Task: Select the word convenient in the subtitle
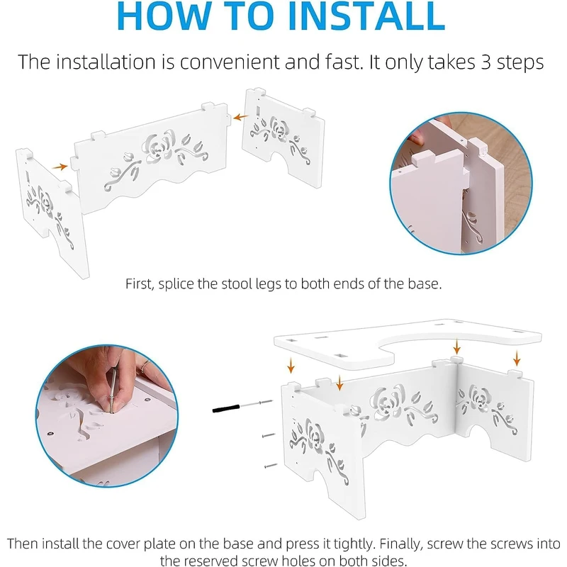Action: click(x=230, y=62)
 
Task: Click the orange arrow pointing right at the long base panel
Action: click(x=60, y=167)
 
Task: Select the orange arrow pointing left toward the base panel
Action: click(x=240, y=117)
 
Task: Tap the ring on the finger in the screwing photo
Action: click(x=145, y=365)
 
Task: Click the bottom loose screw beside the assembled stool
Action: click(x=271, y=466)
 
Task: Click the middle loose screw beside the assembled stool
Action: click(x=269, y=436)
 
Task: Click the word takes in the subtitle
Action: click(x=451, y=62)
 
